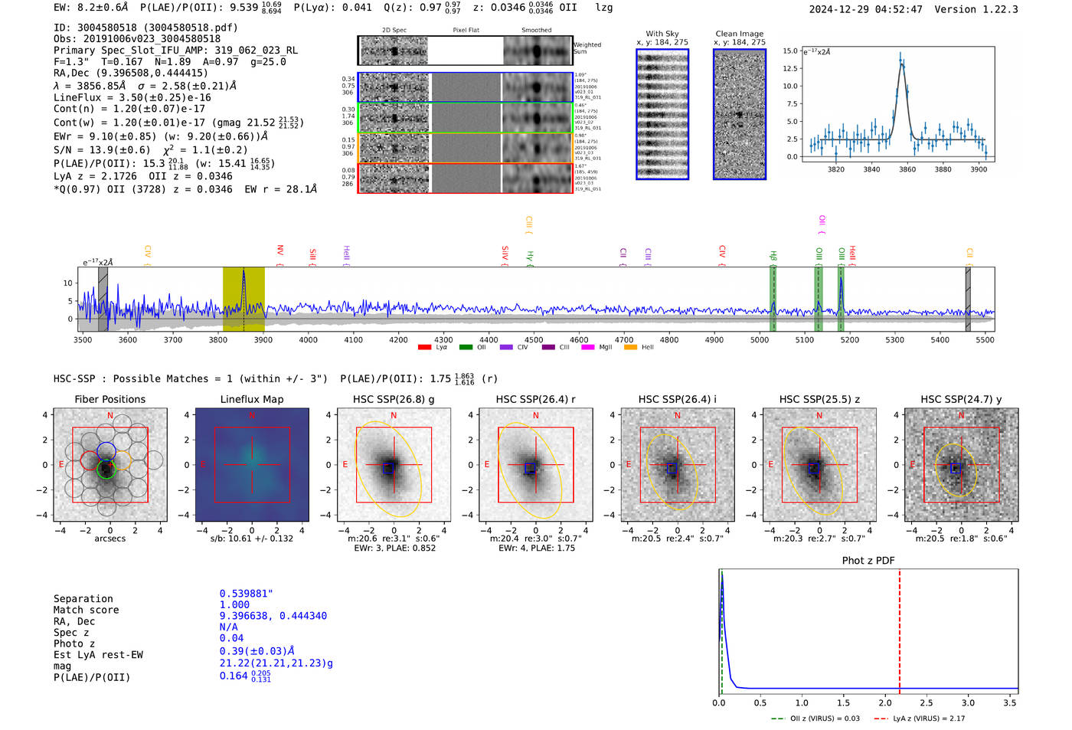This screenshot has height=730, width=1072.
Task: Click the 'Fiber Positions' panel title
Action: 109,399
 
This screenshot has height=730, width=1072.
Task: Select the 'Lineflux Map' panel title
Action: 252,399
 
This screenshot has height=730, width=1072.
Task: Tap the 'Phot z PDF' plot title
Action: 868,561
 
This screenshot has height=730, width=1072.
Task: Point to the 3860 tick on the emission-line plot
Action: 907,169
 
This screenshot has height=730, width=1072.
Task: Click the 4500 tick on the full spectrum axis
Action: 534,339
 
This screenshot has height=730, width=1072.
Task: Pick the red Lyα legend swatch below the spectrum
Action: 425,348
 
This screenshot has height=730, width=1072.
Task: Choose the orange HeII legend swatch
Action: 630,348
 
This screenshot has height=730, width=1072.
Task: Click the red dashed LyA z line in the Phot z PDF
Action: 899,628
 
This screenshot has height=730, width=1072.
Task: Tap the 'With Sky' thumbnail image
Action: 662,114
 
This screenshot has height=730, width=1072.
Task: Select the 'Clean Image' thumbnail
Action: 740,114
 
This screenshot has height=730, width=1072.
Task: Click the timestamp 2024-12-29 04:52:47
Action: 865,10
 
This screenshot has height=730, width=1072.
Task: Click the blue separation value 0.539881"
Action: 246,594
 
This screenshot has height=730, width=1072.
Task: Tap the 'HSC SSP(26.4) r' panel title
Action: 535,399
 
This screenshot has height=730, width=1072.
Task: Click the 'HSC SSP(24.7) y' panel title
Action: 961,399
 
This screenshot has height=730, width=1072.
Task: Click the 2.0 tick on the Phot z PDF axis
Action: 884,702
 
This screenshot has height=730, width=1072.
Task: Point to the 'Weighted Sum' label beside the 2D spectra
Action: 587,48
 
